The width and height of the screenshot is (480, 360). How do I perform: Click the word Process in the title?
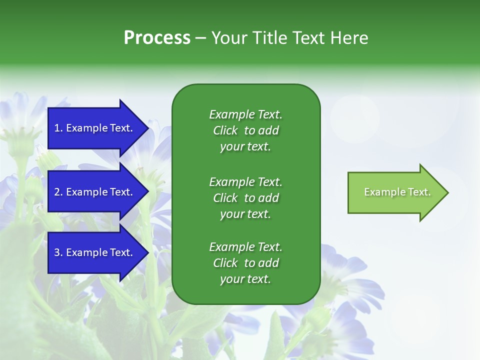(157, 38)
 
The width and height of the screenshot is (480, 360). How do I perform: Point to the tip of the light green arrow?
(447, 192)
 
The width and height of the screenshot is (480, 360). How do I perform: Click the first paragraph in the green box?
(245, 130)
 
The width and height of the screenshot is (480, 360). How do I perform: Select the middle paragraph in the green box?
(245, 198)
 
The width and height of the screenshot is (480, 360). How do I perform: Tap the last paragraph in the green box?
(245, 263)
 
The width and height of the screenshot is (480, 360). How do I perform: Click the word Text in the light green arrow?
(419, 192)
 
